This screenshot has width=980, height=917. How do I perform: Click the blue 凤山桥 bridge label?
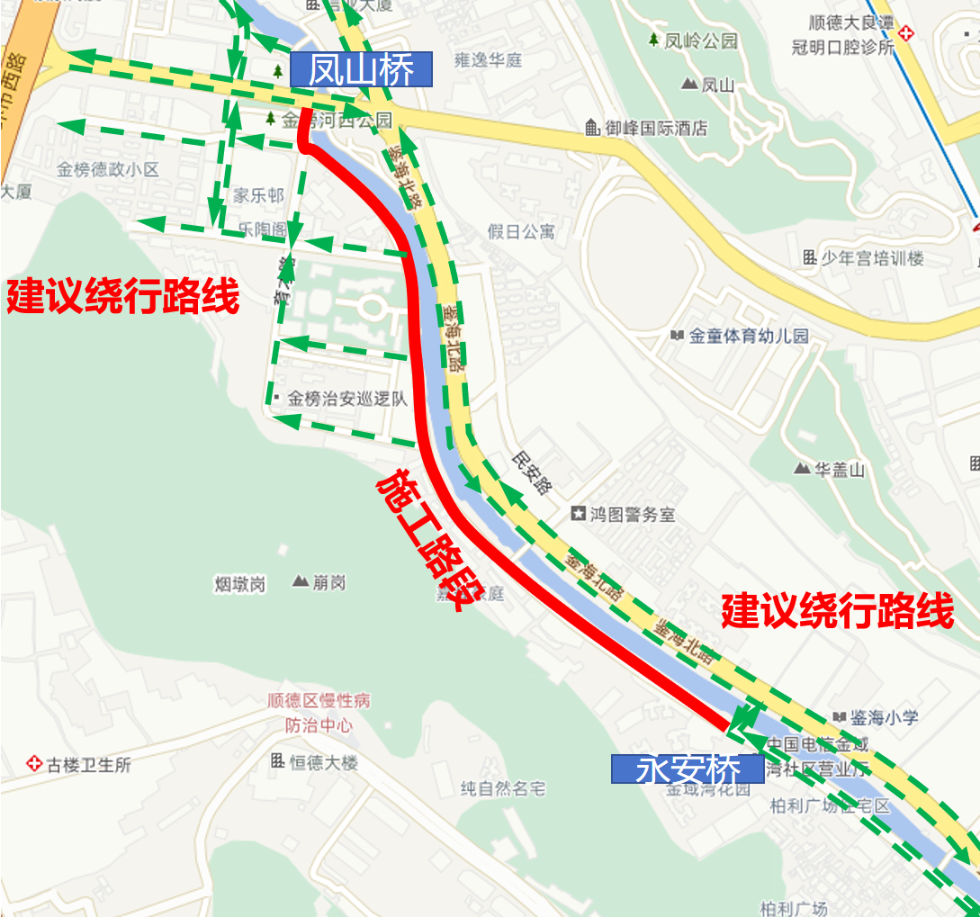pyautogui.click(x=361, y=70)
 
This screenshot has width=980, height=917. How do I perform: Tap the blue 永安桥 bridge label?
pyautogui.click(x=688, y=769)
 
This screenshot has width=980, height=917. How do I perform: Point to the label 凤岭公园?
pyautogui.click(x=701, y=41)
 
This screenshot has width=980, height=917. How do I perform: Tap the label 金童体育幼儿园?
pyautogui.click(x=749, y=337)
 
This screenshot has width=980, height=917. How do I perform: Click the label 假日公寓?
pyautogui.click(x=521, y=231)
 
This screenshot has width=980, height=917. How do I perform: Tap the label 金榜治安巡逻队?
pyautogui.click(x=347, y=399)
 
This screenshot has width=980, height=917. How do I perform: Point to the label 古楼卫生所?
pyautogui.click(x=89, y=765)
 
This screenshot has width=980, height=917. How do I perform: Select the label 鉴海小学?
pyautogui.click(x=885, y=717)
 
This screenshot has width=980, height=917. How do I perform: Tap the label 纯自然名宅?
pyautogui.click(x=503, y=789)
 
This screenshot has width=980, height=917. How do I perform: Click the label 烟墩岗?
pyautogui.click(x=240, y=584)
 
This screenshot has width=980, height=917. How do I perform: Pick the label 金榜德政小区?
pyautogui.click(x=107, y=169)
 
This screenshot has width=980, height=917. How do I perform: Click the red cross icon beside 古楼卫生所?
pyautogui.click(x=34, y=764)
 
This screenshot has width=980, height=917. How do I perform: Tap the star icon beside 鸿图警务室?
pyautogui.click(x=578, y=515)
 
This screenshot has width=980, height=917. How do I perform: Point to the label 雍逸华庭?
pyautogui.click(x=488, y=61)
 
